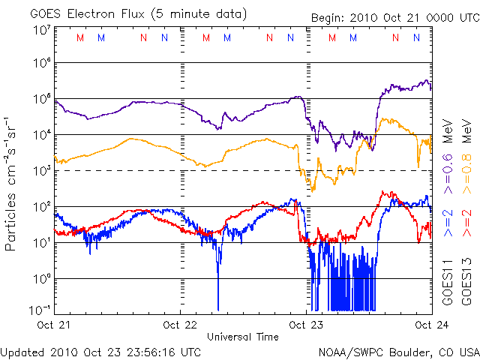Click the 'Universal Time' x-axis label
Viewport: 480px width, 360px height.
pyautogui.click(x=242, y=337)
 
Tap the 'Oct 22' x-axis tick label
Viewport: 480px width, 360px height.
pyautogui.click(x=180, y=325)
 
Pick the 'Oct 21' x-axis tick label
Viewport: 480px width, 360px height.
pyautogui.click(x=55, y=325)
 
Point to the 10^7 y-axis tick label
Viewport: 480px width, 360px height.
pyautogui.click(x=40, y=29)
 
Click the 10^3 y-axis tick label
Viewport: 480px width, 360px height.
pyautogui.click(x=40, y=170)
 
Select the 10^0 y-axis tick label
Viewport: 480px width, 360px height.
pyautogui.click(x=40, y=278)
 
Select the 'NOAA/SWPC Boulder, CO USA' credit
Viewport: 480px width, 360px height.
pyautogui.click(x=398, y=351)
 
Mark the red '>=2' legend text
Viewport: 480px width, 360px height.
pyautogui.click(x=466, y=223)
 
